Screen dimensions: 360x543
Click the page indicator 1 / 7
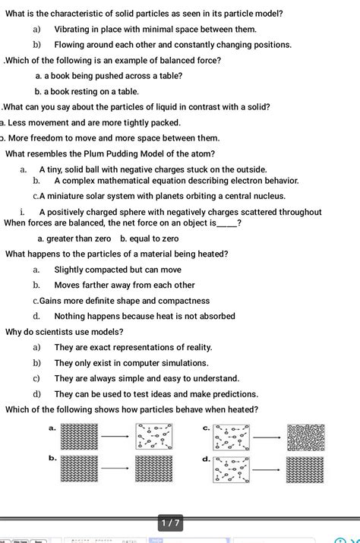[x=169, y=523]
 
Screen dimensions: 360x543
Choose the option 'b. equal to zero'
[x=149, y=238]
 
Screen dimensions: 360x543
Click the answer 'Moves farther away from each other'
[x=124, y=285]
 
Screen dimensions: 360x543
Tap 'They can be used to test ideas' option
[x=155, y=394]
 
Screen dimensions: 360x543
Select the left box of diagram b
[x=79, y=469]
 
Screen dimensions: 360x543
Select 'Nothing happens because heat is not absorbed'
[x=144, y=316]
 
